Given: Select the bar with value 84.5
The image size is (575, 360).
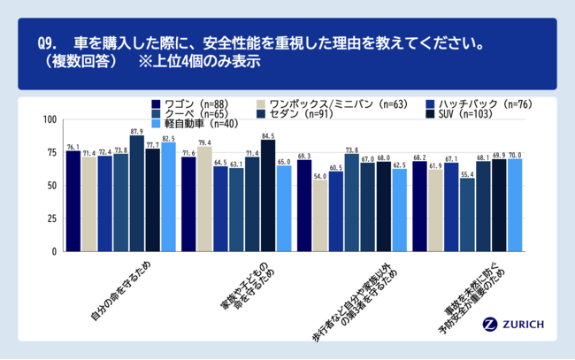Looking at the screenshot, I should coord(267,195).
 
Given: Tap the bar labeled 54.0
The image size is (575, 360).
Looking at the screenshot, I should coord(319,216).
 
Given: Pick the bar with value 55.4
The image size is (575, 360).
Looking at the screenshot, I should coord(467,215).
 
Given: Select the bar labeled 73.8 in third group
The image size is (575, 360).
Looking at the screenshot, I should coord(351,203).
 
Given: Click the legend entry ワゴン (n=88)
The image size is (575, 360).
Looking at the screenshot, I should coord(191,103).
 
